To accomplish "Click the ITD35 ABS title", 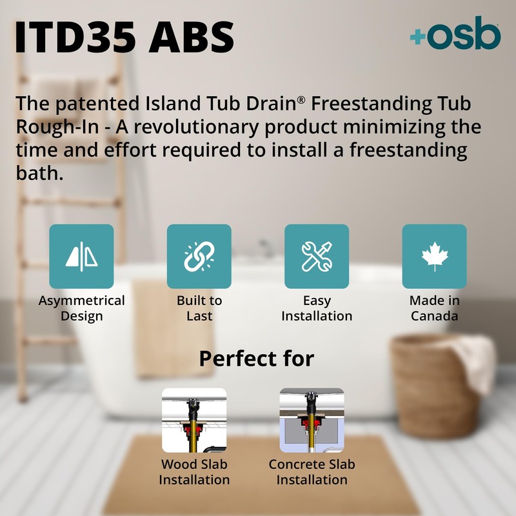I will point(124,37).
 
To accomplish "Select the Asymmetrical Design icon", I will point(81,256).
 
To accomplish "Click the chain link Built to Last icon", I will point(199,256).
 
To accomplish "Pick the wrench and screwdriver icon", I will point(317,256).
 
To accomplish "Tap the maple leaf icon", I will point(434,256).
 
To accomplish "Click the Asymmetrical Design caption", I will point(81,308).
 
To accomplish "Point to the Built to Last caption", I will point(199,308).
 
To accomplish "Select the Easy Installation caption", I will point(317,308).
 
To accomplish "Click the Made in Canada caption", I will point(434,308).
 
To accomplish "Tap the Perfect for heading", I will point(256,358).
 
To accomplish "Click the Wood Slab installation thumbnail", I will point(193,420).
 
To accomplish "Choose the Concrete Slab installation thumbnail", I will point(312,420).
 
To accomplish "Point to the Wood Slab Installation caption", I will point(193,472).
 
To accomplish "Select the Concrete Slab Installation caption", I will point(312,472).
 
